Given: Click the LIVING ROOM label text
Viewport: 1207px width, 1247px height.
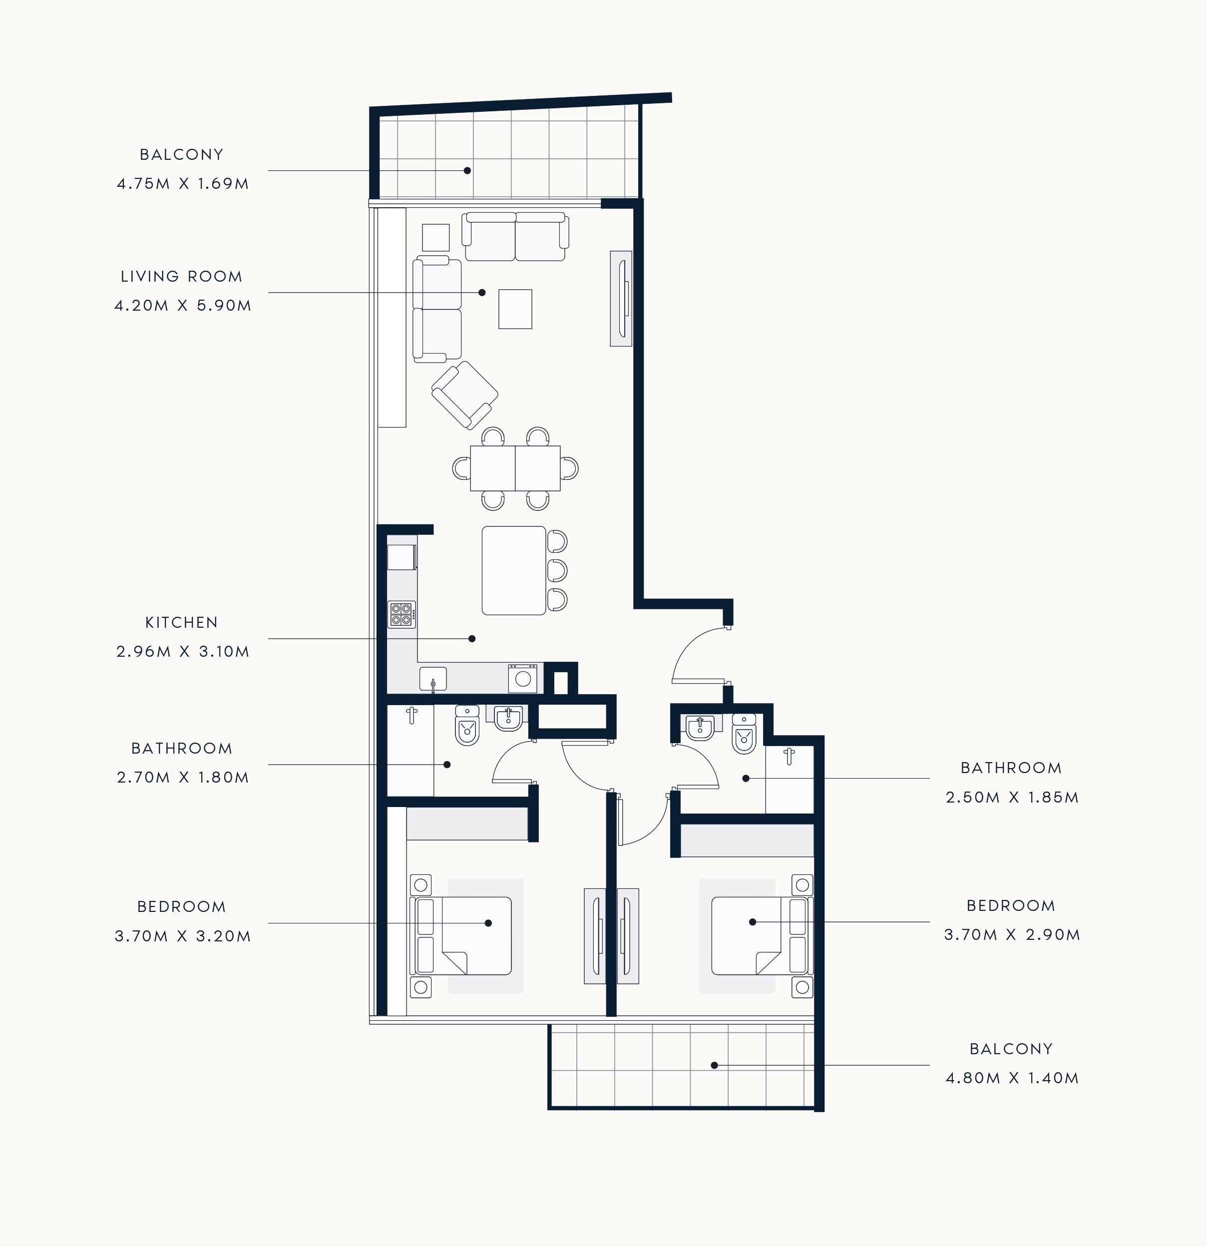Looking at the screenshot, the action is [x=181, y=277].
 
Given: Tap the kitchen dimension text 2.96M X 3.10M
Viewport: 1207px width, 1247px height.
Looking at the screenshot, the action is [x=183, y=652].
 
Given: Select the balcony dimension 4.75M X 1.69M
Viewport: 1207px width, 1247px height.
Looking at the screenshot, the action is [x=183, y=184].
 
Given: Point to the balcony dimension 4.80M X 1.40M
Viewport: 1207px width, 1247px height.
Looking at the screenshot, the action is [x=1012, y=1078].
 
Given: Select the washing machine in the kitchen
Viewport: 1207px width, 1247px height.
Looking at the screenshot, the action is [x=522, y=678].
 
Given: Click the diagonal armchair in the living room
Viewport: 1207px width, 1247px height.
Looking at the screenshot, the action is [x=464, y=395].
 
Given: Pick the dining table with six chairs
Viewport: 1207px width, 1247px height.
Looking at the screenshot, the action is [x=515, y=468].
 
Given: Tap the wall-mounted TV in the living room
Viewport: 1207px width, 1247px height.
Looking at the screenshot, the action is [x=621, y=298].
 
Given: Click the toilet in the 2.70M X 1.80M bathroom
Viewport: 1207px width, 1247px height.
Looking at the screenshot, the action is [x=467, y=725].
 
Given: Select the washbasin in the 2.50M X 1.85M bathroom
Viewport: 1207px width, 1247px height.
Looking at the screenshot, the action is [x=700, y=728].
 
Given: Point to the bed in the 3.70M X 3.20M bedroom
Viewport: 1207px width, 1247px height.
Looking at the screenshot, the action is [x=463, y=936].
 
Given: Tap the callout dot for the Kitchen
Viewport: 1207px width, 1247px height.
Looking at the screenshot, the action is [x=472, y=638].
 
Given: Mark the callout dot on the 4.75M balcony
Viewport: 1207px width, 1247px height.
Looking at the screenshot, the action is [x=467, y=170].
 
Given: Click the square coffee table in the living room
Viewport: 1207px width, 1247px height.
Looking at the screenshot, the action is [x=515, y=309].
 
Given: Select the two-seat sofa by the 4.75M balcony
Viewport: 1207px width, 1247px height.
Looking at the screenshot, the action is [x=515, y=237].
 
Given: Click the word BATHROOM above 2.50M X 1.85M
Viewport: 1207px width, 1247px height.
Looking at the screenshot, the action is [x=1011, y=768].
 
